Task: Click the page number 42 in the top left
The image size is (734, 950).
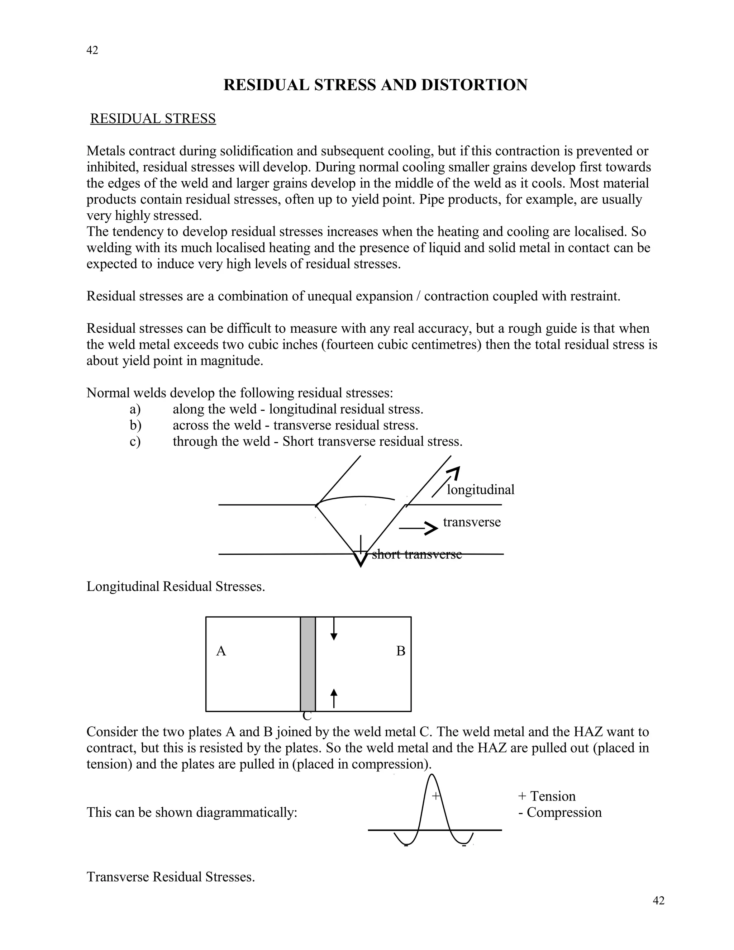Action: tap(92, 51)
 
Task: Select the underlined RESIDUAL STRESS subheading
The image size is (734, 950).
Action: tap(153, 118)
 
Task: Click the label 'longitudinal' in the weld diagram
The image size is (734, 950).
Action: tap(480, 490)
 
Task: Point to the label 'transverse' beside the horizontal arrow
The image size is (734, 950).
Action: tap(472, 522)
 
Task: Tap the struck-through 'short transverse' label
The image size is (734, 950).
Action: tap(416, 554)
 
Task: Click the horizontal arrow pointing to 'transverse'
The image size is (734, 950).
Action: tap(418, 528)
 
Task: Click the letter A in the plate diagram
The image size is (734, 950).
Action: tap(221, 651)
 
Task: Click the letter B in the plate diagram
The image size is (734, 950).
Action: tap(400, 651)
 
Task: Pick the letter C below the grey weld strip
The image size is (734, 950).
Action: tap(307, 716)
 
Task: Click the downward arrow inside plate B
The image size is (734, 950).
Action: tap(334, 629)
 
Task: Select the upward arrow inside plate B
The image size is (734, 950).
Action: tap(334, 698)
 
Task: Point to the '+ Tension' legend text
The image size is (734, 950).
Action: tap(547, 796)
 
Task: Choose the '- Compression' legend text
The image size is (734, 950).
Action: tap(559, 812)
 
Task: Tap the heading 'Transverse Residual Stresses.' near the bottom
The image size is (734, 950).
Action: tap(171, 877)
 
